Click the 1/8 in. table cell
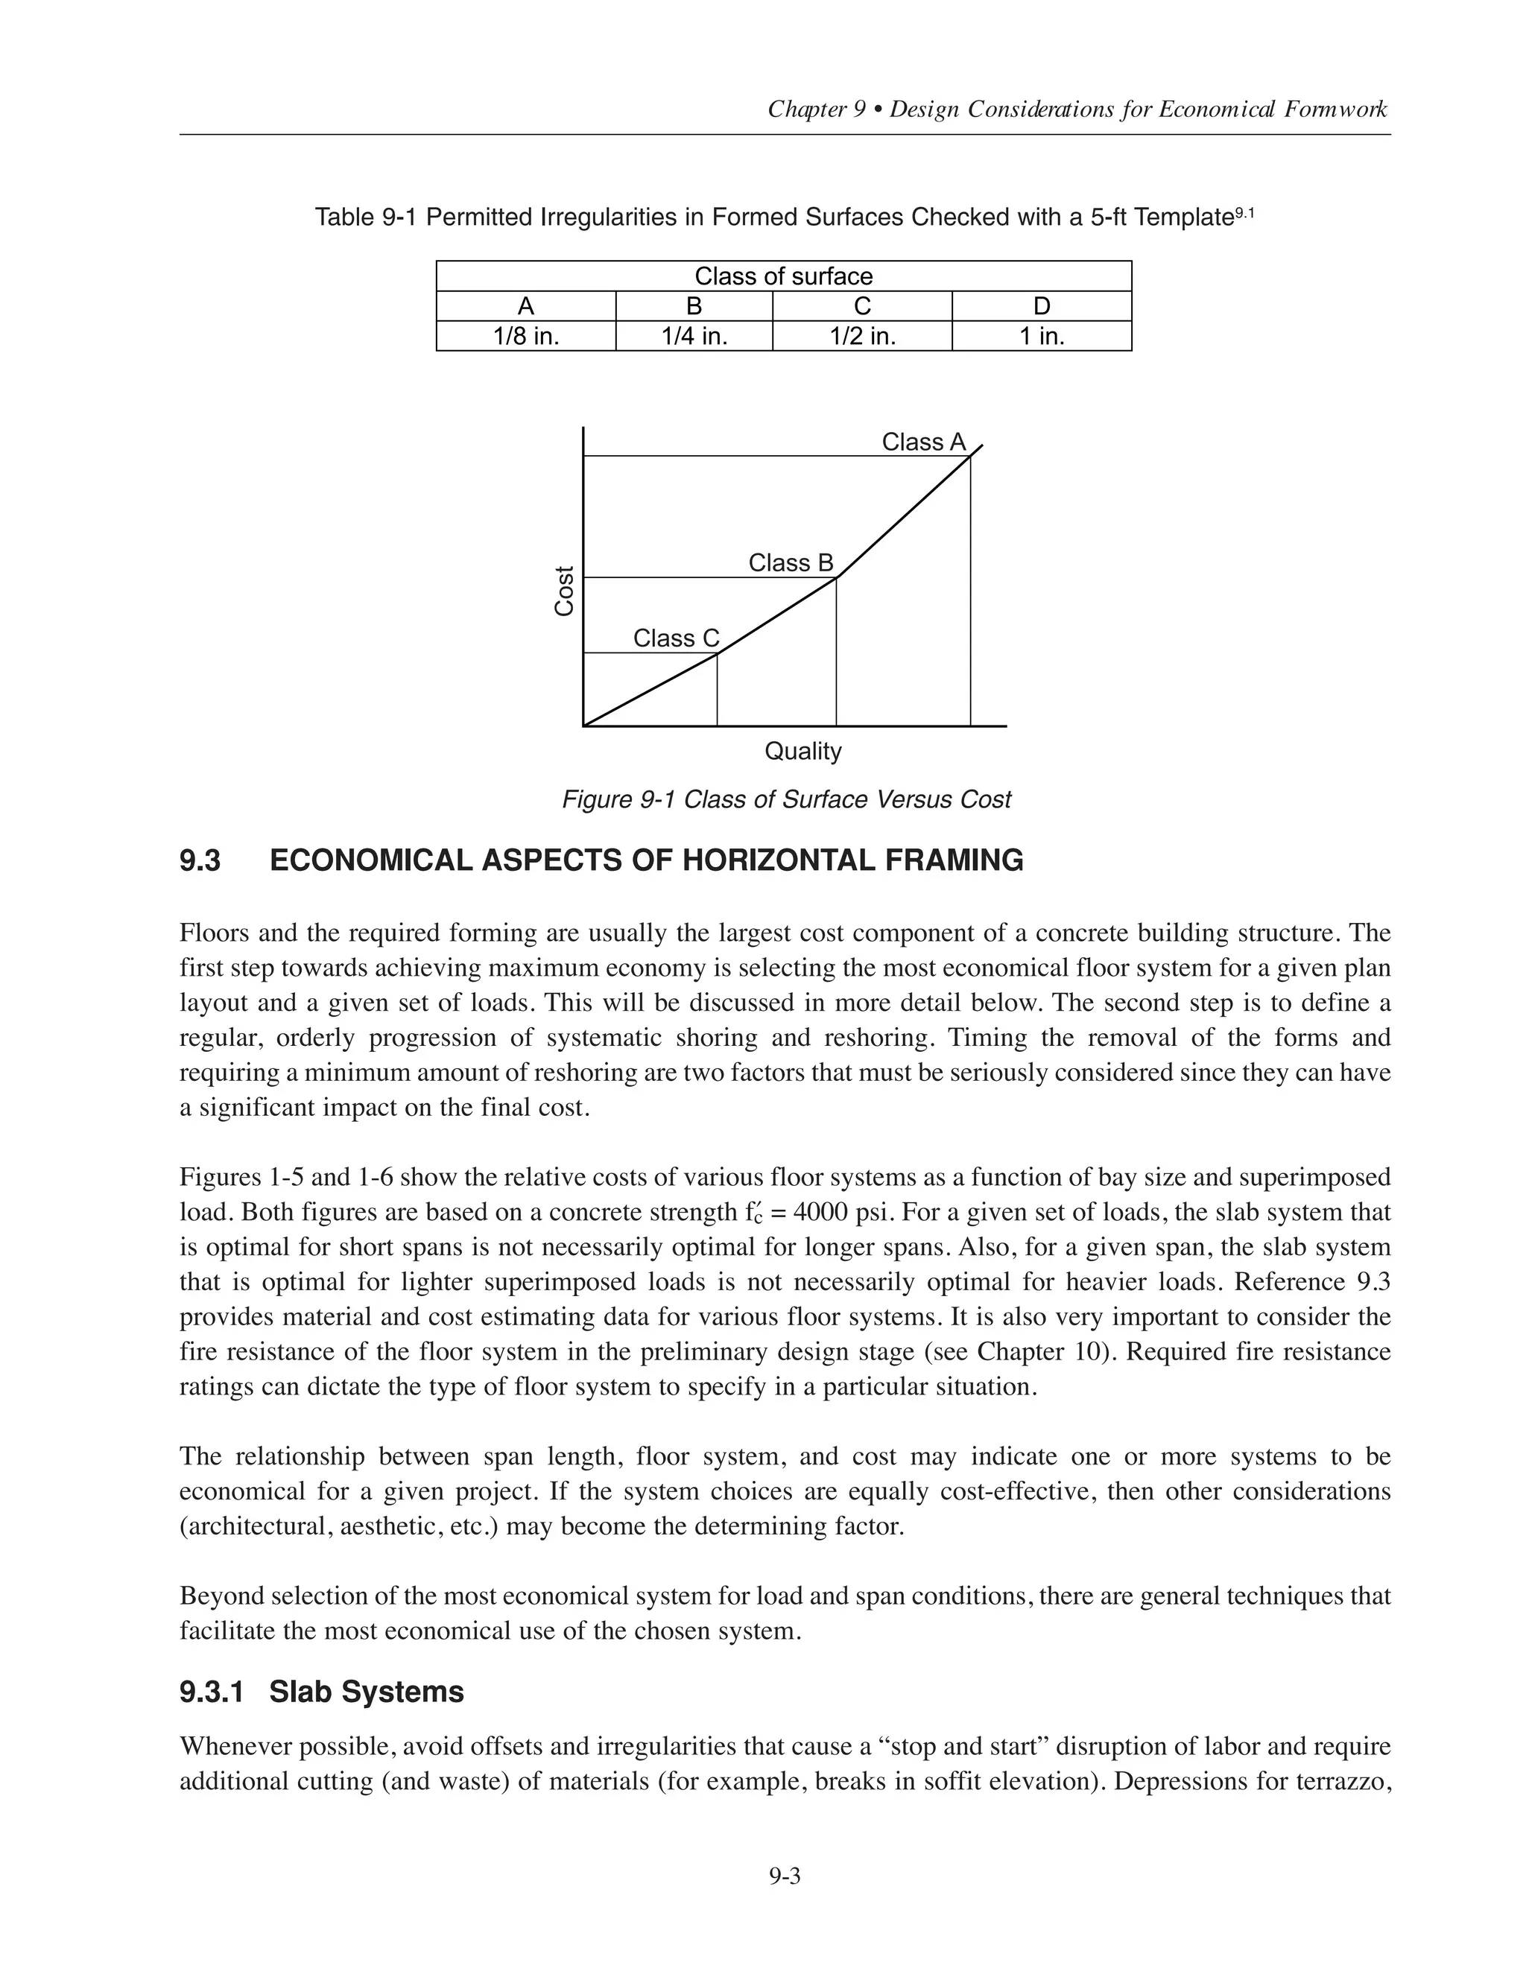pos(525,336)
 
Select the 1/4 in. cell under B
pos(694,336)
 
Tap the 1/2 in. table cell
pos(862,336)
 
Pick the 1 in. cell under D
pos(1042,336)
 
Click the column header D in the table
pos(1042,306)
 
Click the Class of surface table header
pos(783,276)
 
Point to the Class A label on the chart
pos(923,442)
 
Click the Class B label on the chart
pos(790,563)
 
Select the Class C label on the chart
pos(675,638)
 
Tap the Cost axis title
pos(564,591)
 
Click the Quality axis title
pos(802,751)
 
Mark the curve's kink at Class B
pos(837,577)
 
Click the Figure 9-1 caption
pos(785,800)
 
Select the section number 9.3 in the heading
pos(200,860)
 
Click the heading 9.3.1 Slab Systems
pos(322,1692)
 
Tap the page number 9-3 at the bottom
pos(785,1876)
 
